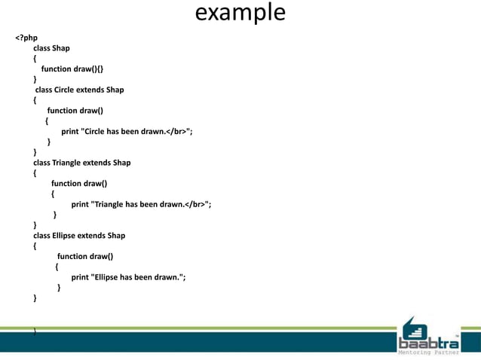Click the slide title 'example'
point(240,14)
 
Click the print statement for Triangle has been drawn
point(141,203)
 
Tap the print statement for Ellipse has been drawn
point(128,276)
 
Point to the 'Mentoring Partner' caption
point(427,352)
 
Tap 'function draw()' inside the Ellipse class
point(85,256)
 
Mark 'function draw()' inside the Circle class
point(75,111)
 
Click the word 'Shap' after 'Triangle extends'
point(121,162)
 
